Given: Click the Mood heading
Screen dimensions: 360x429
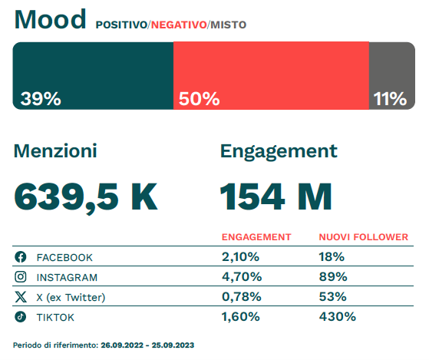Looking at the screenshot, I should [50, 19].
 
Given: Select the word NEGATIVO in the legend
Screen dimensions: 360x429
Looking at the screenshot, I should [178, 25].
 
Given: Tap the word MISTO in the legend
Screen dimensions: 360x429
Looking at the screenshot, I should [228, 25].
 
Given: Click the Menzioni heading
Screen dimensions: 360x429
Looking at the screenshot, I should [55, 151].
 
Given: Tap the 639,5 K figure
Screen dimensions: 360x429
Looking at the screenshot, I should [86, 197].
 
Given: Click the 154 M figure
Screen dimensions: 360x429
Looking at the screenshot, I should [276, 197].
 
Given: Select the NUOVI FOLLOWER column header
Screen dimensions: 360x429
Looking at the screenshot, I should [363, 237].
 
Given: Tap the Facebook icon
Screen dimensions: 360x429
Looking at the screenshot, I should [21, 257].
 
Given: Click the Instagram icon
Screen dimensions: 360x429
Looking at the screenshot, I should [21, 277].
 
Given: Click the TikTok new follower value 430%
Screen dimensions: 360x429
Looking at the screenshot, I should [337, 316].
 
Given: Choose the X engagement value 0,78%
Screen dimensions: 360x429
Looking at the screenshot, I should [243, 296].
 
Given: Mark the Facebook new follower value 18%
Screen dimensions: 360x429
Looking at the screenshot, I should [332, 256].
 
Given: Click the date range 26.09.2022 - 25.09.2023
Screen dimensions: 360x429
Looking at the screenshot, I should [147, 345].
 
